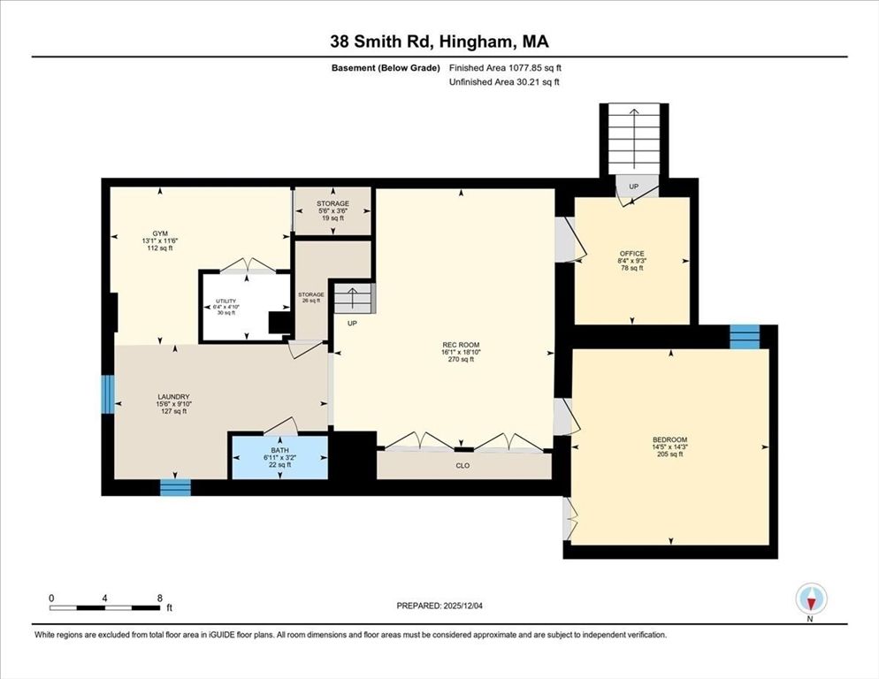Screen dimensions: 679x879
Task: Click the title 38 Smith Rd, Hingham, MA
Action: pos(439,42)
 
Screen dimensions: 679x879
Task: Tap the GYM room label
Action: pos(159,241)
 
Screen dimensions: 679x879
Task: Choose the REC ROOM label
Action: pos(460,352)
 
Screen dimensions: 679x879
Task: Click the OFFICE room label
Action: pos(631,261)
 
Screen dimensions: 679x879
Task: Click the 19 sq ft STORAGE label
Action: pos(332,210)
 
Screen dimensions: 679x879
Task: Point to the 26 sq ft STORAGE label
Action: pos(310,298)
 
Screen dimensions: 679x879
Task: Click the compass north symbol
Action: pos(810,599)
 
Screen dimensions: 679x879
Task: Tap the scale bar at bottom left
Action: pos(106,607)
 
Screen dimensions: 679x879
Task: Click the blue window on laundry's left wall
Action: pos(107,394)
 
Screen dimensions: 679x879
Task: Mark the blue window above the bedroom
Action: pos(745,336)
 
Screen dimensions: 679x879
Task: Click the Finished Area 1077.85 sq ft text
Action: pos(505,67)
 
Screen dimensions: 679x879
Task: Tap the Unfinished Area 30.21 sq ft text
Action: pos(504,81)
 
